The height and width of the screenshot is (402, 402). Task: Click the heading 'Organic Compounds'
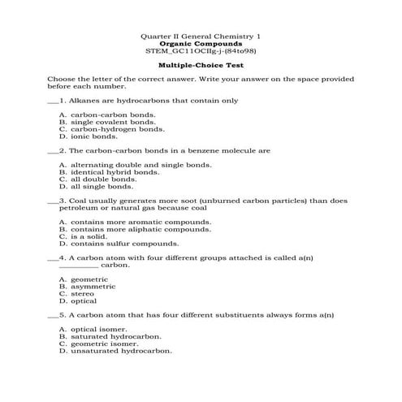pos(201,43)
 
